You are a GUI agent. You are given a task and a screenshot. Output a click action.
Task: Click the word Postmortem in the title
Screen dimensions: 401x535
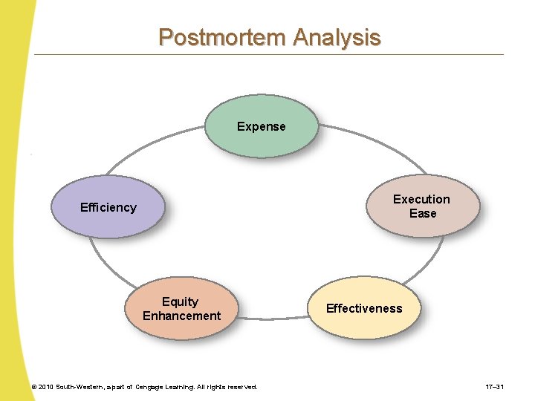(223, 37)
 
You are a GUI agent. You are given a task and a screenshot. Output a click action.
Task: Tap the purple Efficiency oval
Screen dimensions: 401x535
(108, 207)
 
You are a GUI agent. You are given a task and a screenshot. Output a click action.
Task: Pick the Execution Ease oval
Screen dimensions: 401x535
(422, 206)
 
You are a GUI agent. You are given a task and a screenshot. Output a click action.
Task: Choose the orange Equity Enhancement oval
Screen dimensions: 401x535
(181, 308)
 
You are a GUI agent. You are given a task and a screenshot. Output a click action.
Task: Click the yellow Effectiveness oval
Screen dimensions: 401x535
(365, 309)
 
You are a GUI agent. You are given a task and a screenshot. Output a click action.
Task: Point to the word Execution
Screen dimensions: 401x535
(421, 199)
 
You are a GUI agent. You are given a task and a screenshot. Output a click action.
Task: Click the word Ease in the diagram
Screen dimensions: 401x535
(423, 213)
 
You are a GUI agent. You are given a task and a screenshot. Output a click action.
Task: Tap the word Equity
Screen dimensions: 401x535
(181, 301)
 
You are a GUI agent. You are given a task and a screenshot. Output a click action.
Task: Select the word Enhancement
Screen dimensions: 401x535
(182, 316)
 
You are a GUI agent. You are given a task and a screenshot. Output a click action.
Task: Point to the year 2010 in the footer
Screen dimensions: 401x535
(46, 387)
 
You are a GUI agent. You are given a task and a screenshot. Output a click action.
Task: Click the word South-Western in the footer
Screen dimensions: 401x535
(81, 387)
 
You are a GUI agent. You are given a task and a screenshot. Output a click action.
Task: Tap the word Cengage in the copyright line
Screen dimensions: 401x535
(152, 387)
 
